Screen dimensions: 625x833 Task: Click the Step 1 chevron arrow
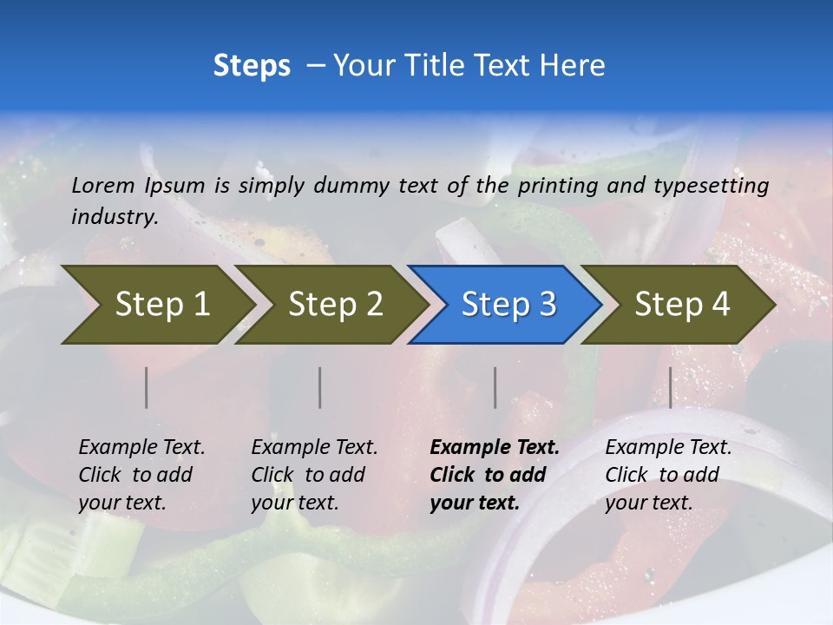[x=161, y=305]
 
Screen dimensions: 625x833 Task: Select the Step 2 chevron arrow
[x=335, y=305]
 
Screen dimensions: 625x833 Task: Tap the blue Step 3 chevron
[x=508, y=305]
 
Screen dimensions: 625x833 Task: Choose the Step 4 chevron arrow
[x=681, y=305]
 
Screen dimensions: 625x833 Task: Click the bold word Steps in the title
[x=252, y=66]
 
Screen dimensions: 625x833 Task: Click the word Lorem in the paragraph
[x=103, y=185]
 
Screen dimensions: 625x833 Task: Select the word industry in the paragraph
[x=113, y=217]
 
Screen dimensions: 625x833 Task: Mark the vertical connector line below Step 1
[x=147, y=387]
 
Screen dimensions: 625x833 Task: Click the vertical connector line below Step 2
[x=320, y=387]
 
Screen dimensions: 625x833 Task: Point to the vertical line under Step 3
[x=495, y=387]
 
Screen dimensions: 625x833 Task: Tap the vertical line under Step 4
[x=671, y=387]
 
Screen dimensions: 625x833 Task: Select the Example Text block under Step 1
[x=141, y=475]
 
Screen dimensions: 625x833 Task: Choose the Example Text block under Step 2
[x=314, y=475]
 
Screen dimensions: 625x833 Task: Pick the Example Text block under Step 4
[x=668, y=475]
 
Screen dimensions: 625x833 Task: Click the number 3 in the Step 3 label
[x=547, y=305]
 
